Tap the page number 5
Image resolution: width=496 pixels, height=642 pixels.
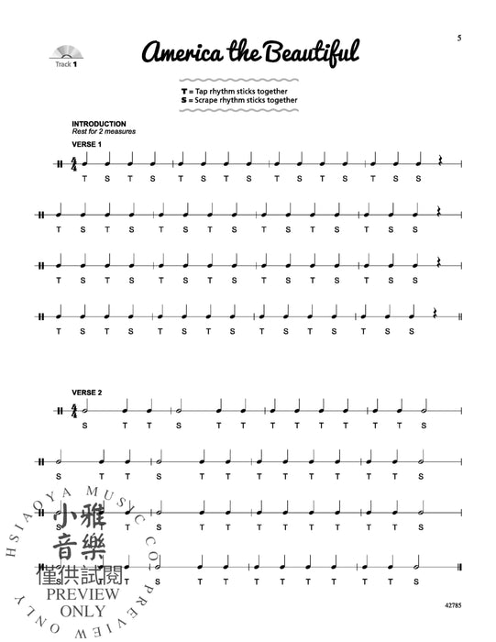pos(456,37)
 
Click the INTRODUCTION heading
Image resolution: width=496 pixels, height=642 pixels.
pos(98,124)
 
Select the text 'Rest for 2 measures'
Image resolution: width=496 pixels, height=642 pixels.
pos(100,132)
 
